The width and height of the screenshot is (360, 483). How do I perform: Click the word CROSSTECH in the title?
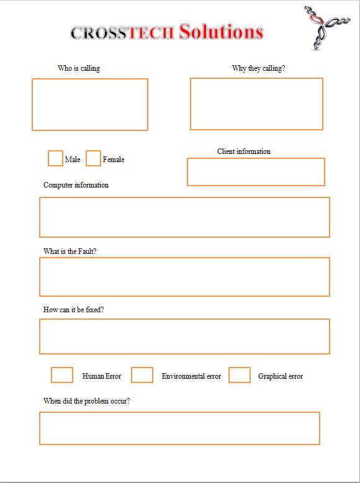click(x=122, y=33)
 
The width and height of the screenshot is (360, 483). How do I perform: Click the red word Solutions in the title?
click(x=221, y=32)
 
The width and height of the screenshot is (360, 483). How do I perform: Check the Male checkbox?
click(x=55, y=158)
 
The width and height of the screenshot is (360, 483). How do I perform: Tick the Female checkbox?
click(x=93, y=158)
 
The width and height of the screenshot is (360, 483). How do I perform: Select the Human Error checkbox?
click(x=62, y=375)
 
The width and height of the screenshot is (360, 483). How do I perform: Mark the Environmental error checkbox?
click(x=142, y=375)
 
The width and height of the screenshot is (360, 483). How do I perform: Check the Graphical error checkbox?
click(x=240, y=375)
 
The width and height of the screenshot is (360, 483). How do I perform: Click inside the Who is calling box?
click(x=90, y=104)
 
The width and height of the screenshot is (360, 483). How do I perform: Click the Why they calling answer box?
click(x=256, y=104)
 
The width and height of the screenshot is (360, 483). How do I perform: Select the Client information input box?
click(x=256, y=172)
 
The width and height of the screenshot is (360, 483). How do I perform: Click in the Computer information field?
click(x=184, y=217)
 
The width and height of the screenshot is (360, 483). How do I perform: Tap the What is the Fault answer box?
click(x=184, y=277)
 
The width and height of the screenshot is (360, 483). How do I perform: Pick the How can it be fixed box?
click(x=184, y=336)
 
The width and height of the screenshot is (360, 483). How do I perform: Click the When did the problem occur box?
click(x=179, y=428)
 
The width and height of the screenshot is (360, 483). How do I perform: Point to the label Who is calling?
click(x=79, y=68)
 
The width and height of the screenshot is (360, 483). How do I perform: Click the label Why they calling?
click(x=259, y=68)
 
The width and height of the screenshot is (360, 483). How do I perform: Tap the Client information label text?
click(x=244, y=151)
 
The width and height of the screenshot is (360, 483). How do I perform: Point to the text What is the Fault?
click(x=70, y=251)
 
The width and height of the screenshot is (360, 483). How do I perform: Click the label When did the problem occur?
click(x=87, y=401)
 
